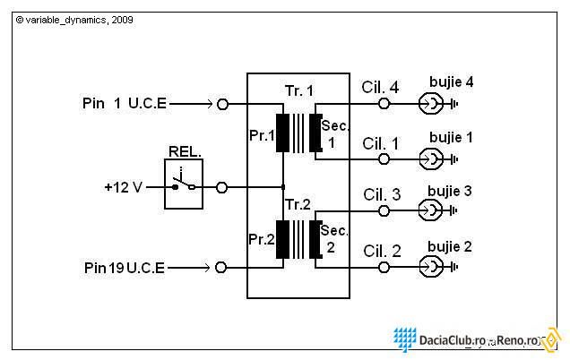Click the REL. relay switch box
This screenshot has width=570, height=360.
point(164,184)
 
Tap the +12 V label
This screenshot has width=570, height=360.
point(124,187)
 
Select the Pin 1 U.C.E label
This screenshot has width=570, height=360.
point(125,103)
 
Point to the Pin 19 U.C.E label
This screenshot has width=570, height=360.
point(125,268)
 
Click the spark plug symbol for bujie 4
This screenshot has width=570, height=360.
point(431,104)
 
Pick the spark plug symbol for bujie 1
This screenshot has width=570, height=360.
point(431,159)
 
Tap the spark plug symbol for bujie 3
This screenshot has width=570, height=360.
point(431,210)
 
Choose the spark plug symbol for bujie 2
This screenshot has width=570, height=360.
point(431,268)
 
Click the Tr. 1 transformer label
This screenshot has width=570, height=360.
point(298,90)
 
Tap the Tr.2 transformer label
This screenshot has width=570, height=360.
point(298,204)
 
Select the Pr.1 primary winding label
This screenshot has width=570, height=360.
point(262,136)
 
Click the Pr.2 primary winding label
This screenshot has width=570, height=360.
point(262,239)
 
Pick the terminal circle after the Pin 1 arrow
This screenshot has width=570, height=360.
point(218,104)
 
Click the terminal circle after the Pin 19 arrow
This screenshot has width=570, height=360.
point(216,268)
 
